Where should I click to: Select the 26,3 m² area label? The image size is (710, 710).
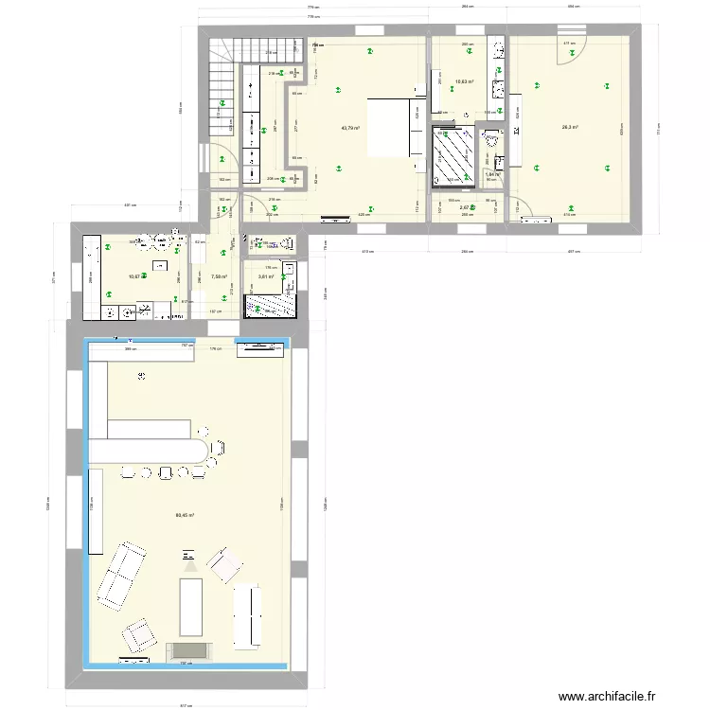pos(570,128)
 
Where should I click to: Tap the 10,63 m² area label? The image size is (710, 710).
pos(464,82)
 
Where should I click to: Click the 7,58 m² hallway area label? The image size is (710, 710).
pos(220,276)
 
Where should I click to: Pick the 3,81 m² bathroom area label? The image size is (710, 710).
pos(265,276)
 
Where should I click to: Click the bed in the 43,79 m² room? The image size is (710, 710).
pos(388,127)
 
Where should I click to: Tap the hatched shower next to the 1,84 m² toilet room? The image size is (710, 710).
pos(452,154)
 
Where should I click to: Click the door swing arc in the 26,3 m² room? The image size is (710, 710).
pos(564,52)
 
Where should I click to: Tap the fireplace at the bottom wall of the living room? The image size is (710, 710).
pos(189,650)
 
